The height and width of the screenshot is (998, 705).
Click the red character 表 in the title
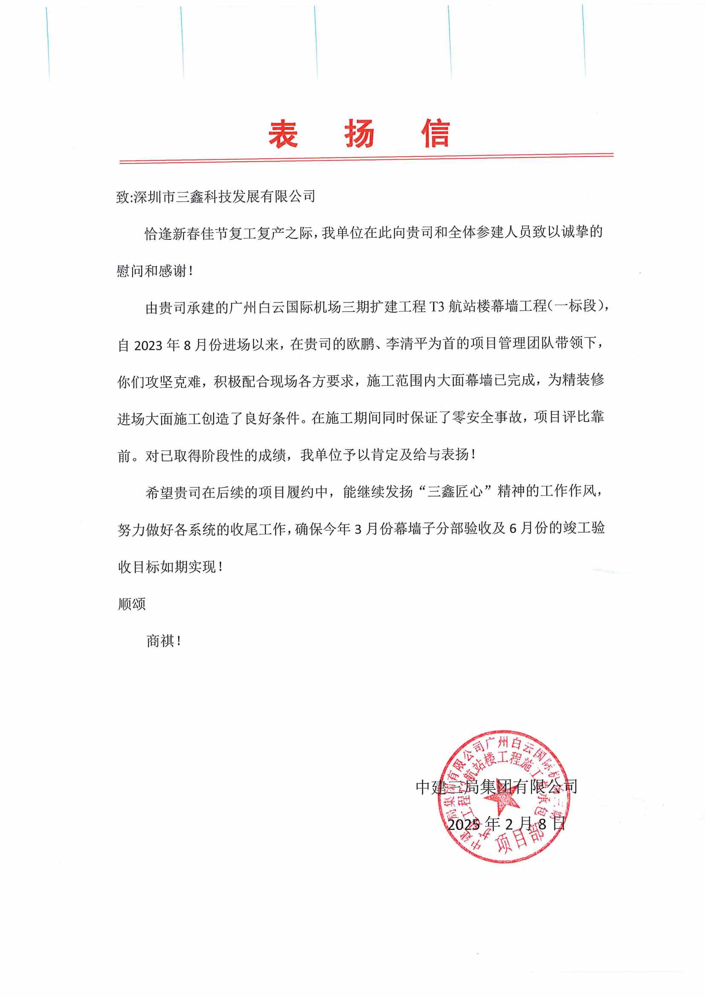(283, 134)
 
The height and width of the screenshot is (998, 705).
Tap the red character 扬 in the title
(359, 134)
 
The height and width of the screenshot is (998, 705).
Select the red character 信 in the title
(436, 134)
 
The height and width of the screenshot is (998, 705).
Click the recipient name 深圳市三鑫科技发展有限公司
(224, 196)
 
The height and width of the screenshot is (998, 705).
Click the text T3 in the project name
(437, 307)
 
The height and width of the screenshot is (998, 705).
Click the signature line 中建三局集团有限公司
(496, 786)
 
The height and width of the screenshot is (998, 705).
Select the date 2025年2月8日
(507, 823)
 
